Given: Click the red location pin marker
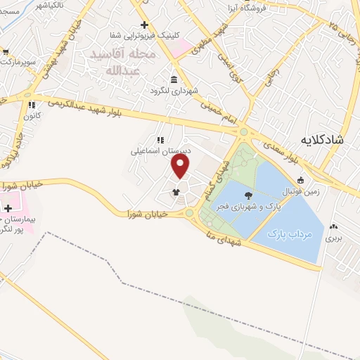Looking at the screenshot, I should point(181,166).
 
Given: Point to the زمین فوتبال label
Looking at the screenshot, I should point(301,189).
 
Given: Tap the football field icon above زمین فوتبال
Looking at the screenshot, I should point(301,179).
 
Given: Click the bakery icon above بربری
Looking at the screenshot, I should point(333,226).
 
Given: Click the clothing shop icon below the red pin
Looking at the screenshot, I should point(175,191).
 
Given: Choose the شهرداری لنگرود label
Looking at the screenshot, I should point(174,90).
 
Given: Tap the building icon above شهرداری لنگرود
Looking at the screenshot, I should point(174,79).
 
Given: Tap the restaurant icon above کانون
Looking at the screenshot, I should point(30,106).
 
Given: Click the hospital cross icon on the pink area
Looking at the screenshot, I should point(8,209).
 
